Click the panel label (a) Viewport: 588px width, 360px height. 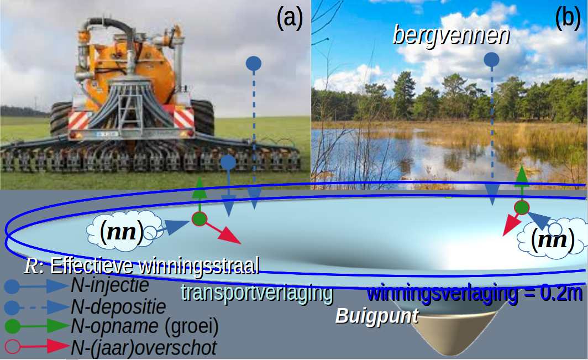[290, 18]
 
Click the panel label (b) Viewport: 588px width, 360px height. [568, 18]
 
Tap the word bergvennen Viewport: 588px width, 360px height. [451, 35]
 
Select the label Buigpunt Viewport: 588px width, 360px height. [376, 316]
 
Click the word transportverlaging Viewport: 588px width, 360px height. [258, 293]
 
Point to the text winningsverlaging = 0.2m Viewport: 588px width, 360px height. [475, 293]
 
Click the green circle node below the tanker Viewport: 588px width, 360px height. [200, 219]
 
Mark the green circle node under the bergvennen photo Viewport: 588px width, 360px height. [521, 207]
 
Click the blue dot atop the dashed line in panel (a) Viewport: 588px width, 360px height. [254, 64]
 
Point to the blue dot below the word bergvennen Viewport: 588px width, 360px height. [491, 60]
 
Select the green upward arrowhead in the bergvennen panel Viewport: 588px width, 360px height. [522, 176]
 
